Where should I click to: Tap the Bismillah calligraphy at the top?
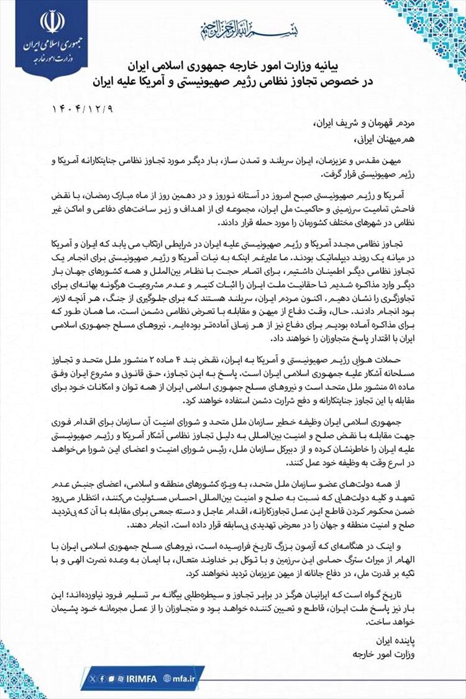(x=232, y=28)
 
